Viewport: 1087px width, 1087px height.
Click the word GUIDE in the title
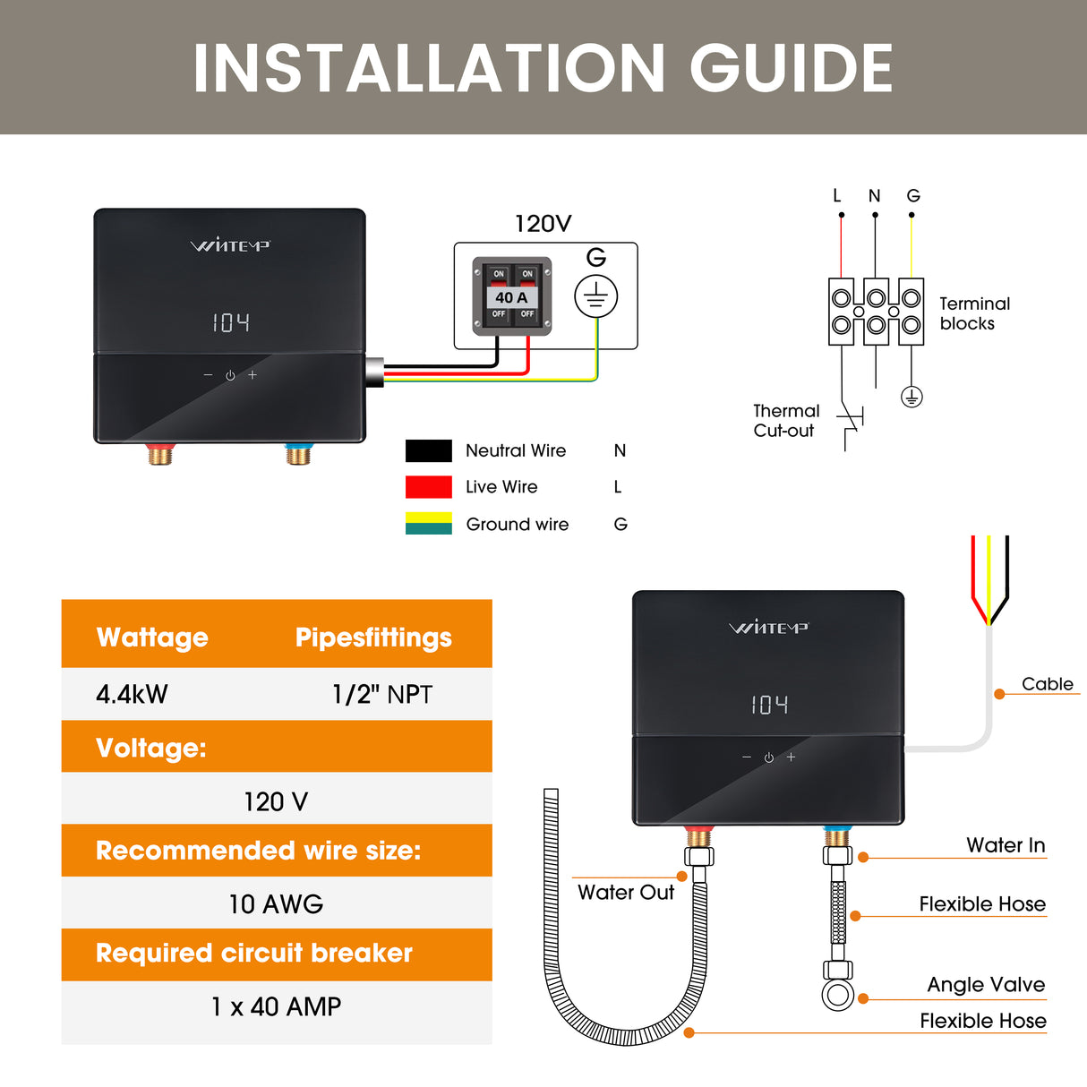tap(791, 69)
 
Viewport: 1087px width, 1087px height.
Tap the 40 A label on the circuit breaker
tap(511, 297)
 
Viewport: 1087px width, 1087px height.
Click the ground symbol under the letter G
tap(595, 296)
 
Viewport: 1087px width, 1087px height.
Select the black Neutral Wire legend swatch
tap(428, 450)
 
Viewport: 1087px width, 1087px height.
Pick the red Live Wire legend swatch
tap(428, 487)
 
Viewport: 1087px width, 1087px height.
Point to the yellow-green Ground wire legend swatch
tap(428, 524)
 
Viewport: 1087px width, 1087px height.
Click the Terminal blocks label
tap(973, 313)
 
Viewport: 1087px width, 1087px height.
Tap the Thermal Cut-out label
tap(785, 421)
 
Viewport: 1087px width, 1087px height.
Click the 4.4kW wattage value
tap(132, 694)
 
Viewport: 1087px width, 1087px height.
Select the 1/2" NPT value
tap(381, 694)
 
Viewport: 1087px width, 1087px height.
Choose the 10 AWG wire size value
tap(276, 903)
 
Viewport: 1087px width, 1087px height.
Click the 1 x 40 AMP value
tap(276, 1006)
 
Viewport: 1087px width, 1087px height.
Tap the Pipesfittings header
tap(373, 638)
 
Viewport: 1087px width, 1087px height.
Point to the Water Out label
tap(626, 892)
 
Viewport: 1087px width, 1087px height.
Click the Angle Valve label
tap(986, 985)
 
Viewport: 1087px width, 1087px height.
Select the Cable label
tap(1047, 684)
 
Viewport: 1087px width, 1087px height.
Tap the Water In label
tap(1006, 845)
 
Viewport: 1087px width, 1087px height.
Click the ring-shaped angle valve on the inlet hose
tap(838, 995)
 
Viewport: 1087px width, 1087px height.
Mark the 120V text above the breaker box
tap(543, 224)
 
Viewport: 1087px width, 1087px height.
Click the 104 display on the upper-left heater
tap(231, 322)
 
